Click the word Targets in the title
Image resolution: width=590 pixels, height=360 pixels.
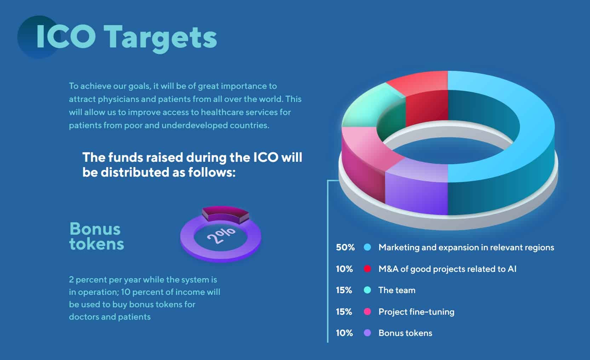160,38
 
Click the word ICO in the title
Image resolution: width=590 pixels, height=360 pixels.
66,36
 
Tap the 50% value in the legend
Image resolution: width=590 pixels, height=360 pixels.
345,247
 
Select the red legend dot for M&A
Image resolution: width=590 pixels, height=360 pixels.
367,269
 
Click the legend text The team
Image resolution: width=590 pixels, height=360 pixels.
397,290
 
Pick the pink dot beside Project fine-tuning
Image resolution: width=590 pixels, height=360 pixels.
367,312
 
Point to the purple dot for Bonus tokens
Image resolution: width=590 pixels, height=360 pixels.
367,333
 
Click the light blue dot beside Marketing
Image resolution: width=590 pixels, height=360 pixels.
367,247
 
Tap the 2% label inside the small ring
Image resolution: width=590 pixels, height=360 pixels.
221,235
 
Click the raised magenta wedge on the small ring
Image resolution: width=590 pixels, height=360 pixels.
225,214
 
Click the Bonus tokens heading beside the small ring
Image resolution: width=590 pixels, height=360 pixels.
96,236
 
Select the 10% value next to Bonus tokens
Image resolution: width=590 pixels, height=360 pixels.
344,333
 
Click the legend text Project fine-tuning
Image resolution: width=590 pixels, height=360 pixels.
417,312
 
